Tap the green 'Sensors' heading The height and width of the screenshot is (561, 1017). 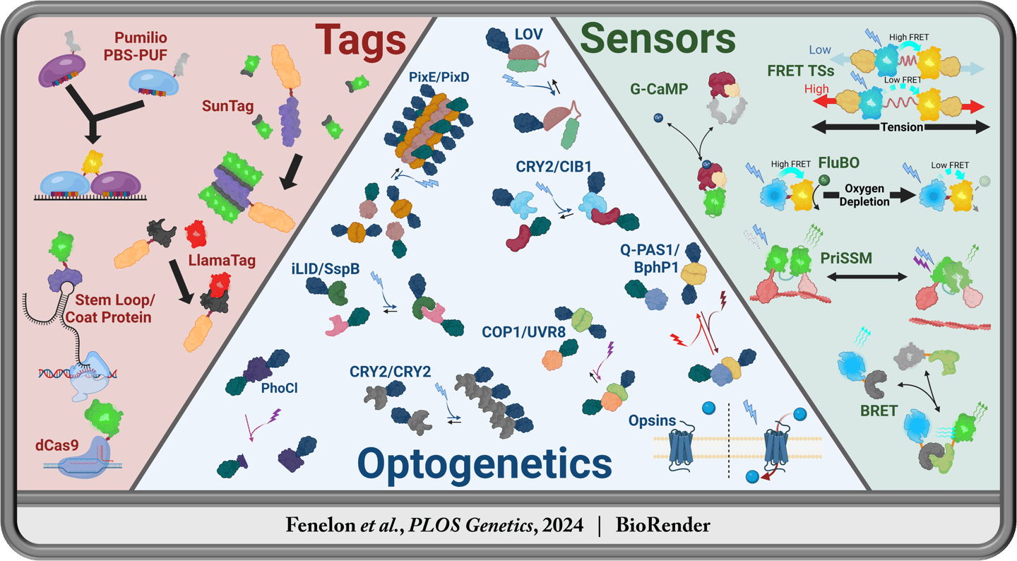(x=658, y=40)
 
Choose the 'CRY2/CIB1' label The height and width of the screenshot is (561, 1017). (x=553, y=167)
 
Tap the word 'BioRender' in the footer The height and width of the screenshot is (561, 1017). (x=662, y=525)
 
